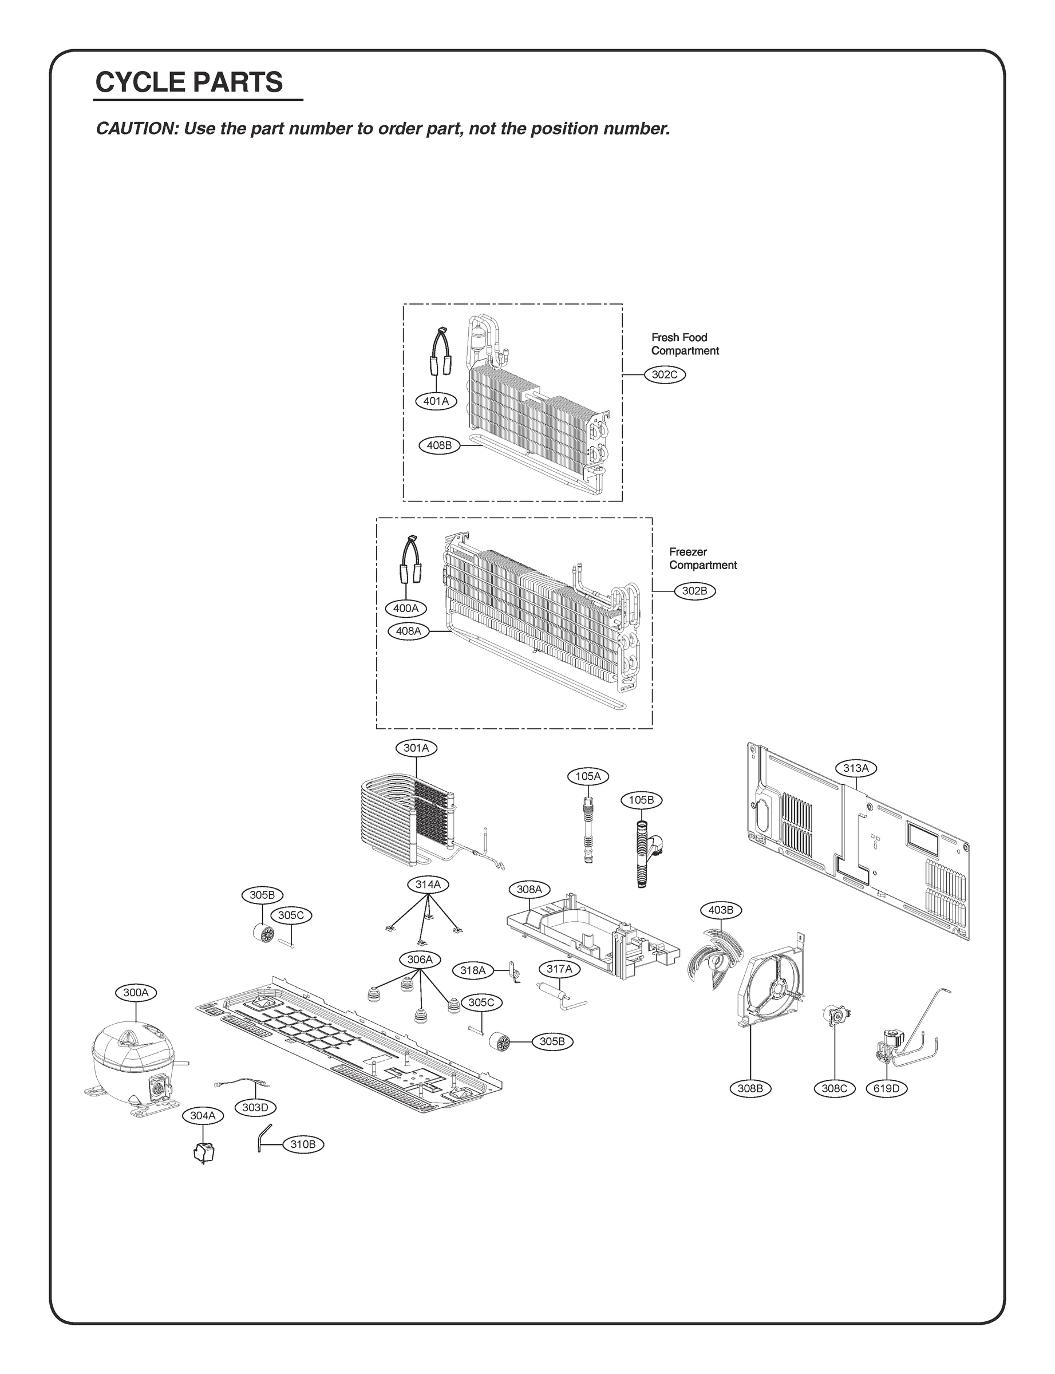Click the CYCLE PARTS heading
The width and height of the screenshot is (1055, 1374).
pos(189,82)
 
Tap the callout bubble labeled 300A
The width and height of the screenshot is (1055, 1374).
pos(136,993)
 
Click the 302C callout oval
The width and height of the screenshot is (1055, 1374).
pos(665,375)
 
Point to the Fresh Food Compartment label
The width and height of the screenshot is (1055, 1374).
pos(684,344)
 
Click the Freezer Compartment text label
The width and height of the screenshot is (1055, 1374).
pos(702,558)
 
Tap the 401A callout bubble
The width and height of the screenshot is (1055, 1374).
pos(436,401)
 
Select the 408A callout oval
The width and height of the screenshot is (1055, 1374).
pos(408,631)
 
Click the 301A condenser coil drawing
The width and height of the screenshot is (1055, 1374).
pos(408,816)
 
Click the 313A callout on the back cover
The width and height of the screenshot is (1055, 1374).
pos(855,768)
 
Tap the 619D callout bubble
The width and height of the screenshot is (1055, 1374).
pos(886,1088)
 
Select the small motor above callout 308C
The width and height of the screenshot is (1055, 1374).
pos(835,1016)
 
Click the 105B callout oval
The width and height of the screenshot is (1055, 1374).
pos(641,800)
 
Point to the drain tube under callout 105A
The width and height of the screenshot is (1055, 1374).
pos(588,832)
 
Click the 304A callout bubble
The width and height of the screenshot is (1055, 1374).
pos(203,1116)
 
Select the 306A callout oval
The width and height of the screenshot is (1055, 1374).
pos(420,960)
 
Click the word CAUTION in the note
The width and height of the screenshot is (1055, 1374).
pos(135,129)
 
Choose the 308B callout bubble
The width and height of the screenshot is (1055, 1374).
pos(750,1088)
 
